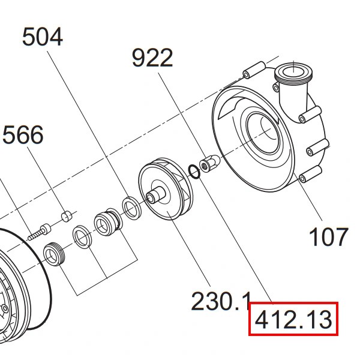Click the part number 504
click(43, 37)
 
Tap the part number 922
click(152, 58)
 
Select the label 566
click(23, 134)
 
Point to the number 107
click(329, 236)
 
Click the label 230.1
click(220, 301)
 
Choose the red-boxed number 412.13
click(293, 319)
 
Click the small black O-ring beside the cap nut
click(194, 172)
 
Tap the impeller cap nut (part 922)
click(209, 163)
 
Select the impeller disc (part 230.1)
click(166, 188)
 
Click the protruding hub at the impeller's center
click(155, 195)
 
